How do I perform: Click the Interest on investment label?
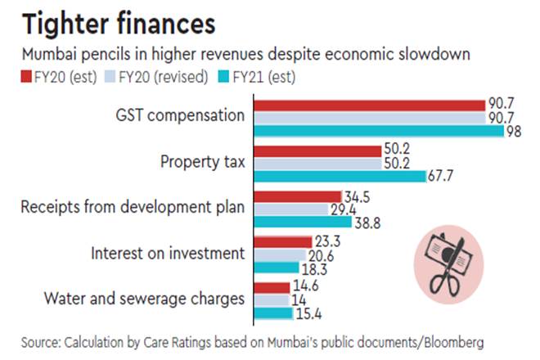(168, 253)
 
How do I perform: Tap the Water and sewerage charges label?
(144, 299)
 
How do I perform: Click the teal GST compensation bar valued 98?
(379, 130)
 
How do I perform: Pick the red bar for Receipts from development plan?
(298, 196)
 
